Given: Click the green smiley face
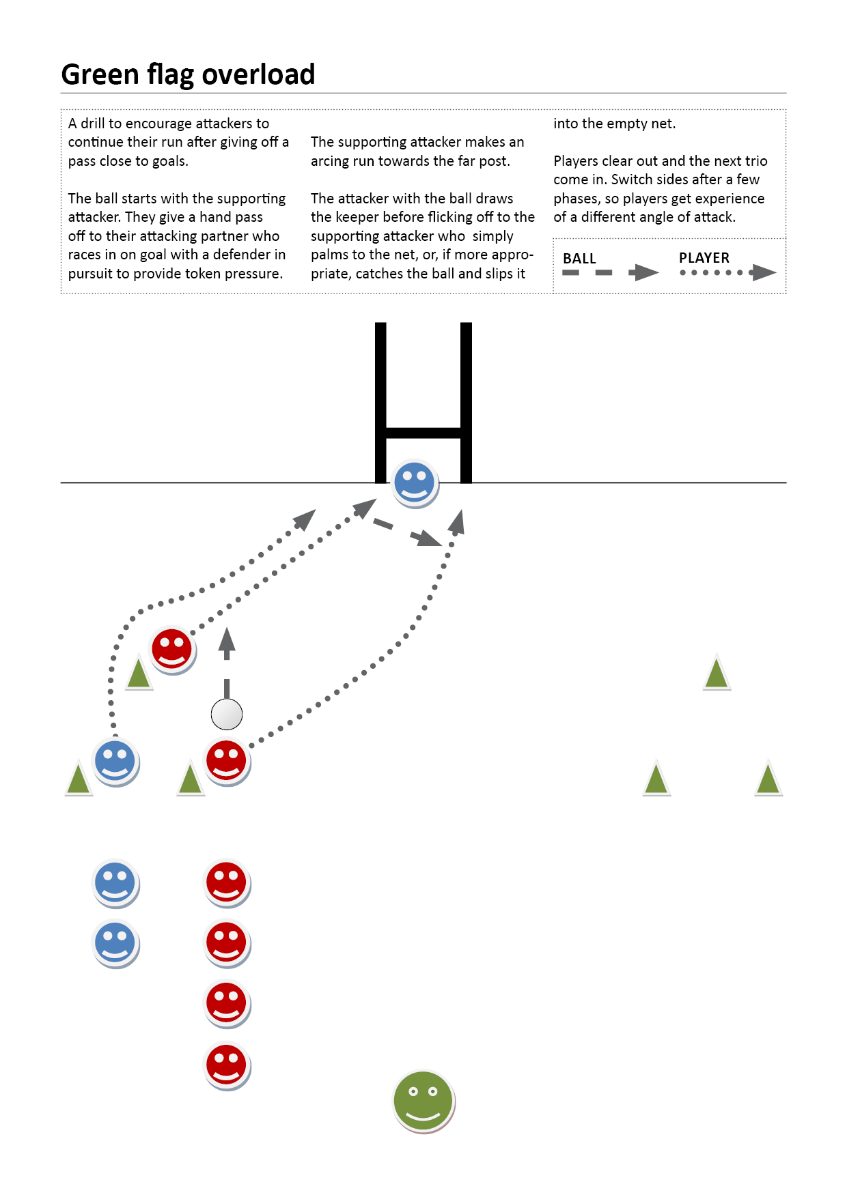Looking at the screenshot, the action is tap(423, 1101).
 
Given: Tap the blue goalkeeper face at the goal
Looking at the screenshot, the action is tap(415, 483).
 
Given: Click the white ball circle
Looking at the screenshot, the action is tap(227, 715).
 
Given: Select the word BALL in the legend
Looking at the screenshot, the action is tap(579, 259).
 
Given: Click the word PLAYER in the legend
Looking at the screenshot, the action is tap(704, 258).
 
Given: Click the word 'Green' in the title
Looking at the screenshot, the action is tap(100, 74).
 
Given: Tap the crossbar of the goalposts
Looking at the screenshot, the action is tap(423, 433).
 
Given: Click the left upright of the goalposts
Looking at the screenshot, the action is tap(380, 403).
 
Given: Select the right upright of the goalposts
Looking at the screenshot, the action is tap(467, 403).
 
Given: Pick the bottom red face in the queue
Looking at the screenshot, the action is tap(227, 1066).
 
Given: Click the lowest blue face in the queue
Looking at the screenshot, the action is tap(115, 944).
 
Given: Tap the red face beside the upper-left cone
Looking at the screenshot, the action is tap(173, 650).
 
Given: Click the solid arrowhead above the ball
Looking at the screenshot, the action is tap(227, 644).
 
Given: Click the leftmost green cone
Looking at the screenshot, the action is tap(79, 779).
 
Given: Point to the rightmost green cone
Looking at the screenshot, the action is tap(768, 779).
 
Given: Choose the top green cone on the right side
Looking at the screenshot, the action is tap(717, 673).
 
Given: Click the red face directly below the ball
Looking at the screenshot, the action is tap(227, 762).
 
